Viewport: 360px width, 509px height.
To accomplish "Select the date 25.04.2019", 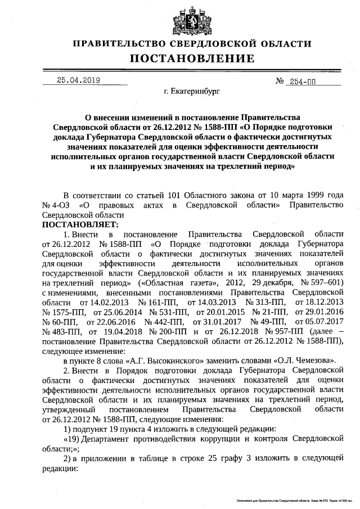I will click(x=78, y=80).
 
